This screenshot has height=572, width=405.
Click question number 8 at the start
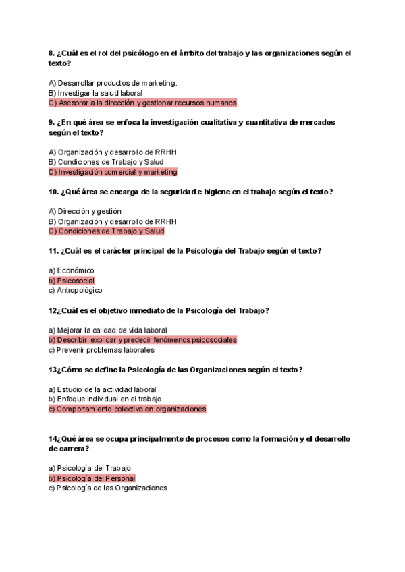click(51, 53)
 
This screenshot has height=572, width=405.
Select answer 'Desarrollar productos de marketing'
click(113, 83)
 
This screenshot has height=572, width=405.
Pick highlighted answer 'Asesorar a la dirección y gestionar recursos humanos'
click(142, 103)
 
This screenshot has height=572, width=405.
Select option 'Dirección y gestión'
click(85, 211)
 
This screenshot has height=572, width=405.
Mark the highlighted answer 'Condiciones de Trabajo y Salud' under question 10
click(106, 231)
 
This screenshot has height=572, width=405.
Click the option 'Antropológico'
click(75, 291)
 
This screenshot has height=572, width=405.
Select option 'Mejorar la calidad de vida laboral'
click(107, 330)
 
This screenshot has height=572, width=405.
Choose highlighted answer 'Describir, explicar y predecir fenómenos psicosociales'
click(142, 340)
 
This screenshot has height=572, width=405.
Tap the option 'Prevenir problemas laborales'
click(101, 350)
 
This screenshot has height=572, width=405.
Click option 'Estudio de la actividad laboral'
click(102, 389)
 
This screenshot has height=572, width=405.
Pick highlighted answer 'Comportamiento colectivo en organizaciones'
click(127, 409)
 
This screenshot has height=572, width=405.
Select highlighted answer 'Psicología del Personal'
click(92, 478)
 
